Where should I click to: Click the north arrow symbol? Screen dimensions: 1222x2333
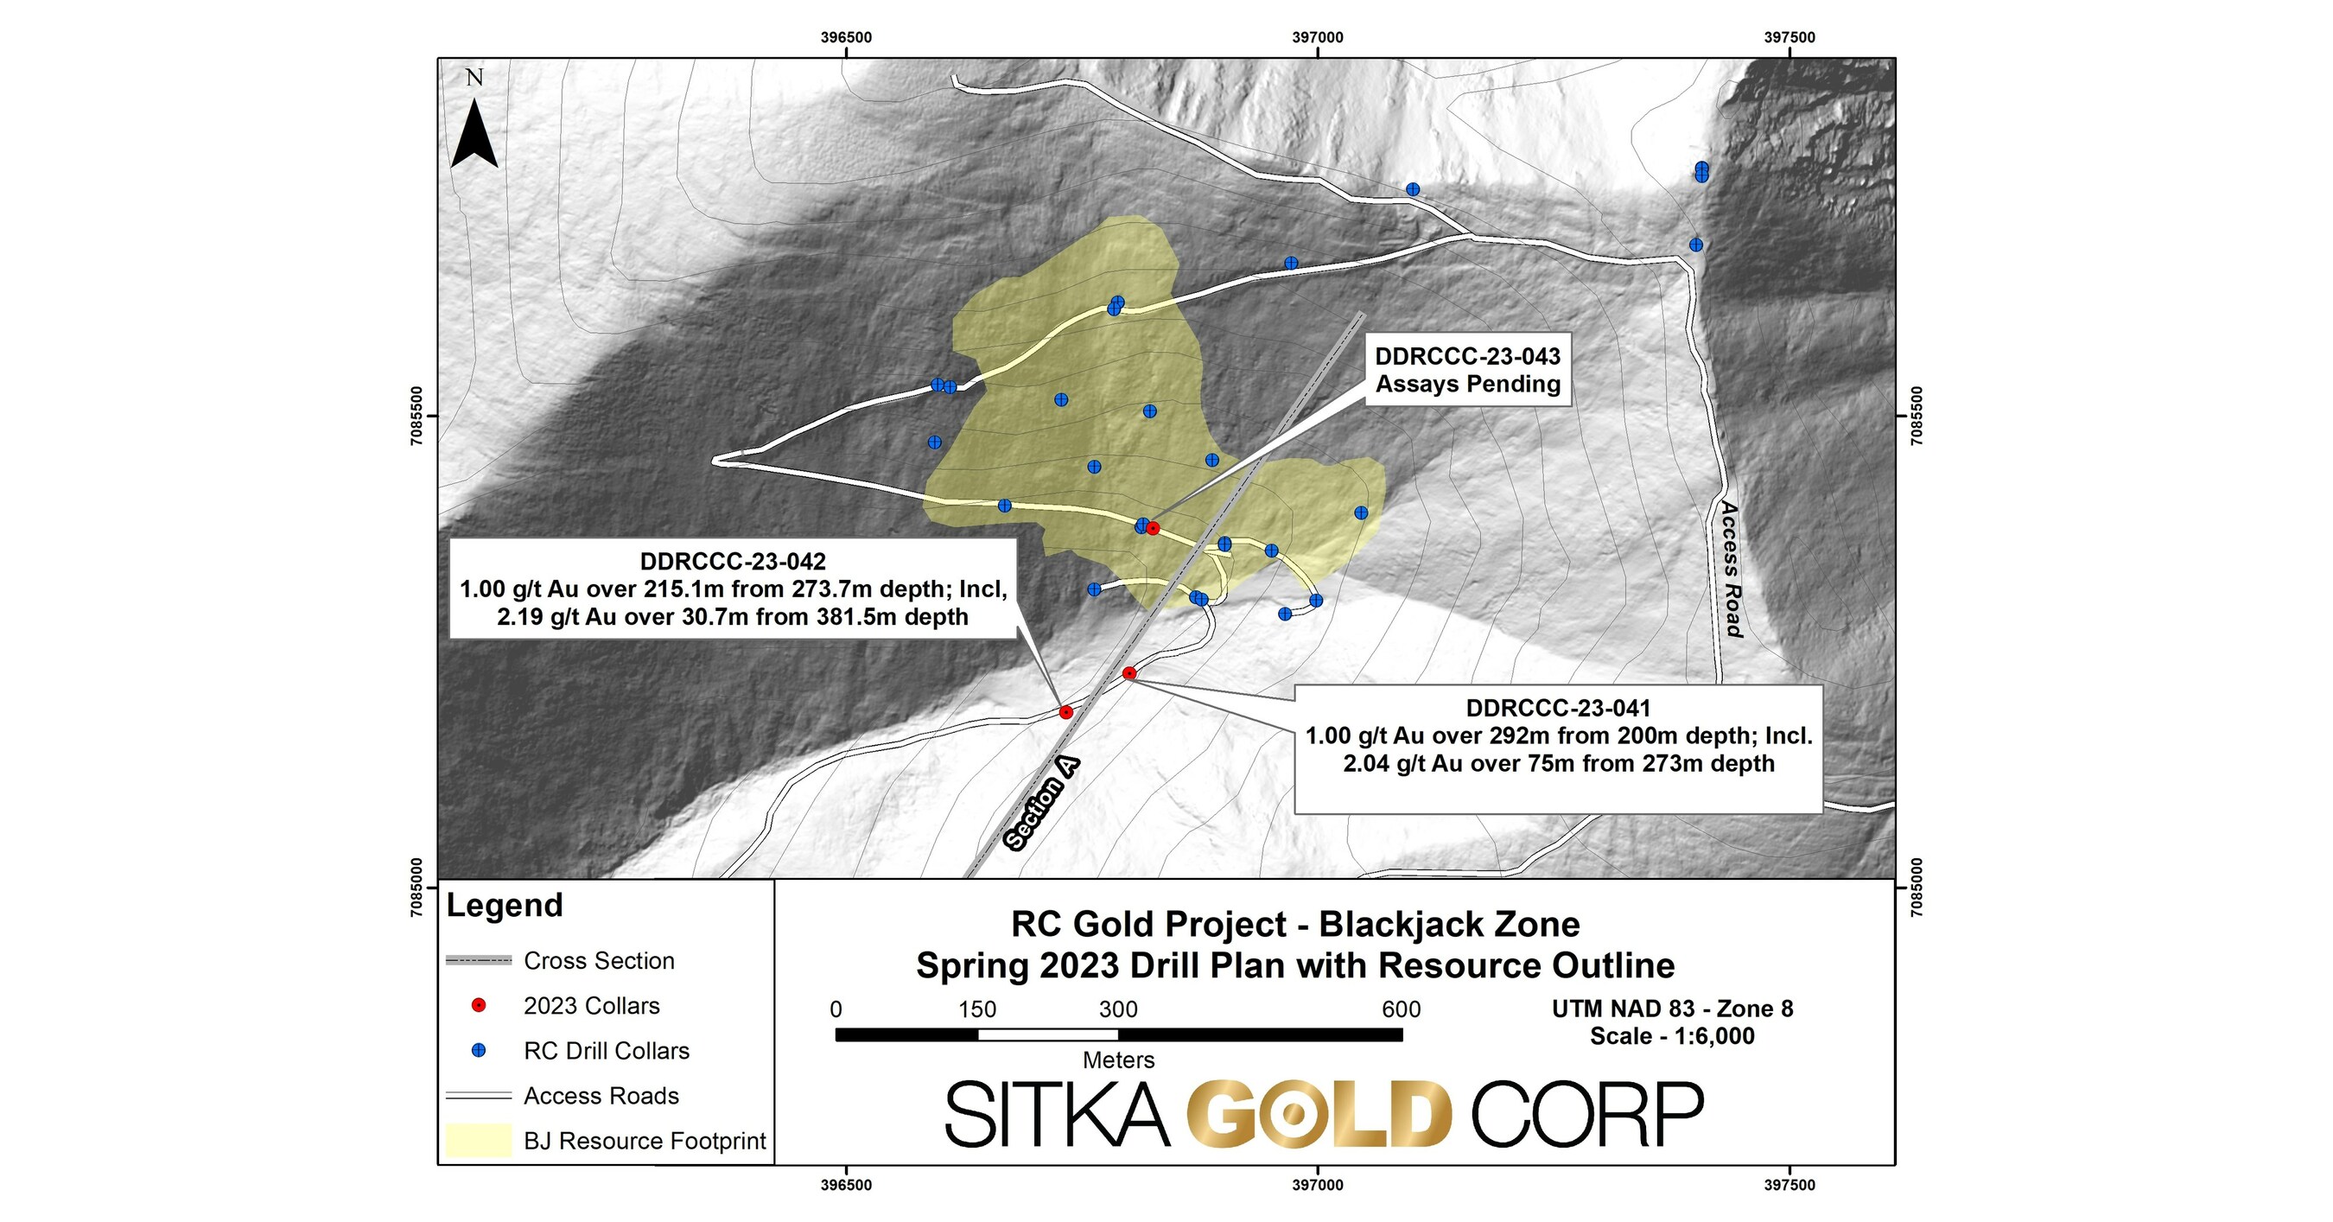coord(474,133)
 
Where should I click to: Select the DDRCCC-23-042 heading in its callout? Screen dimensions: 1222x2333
coord(733,562)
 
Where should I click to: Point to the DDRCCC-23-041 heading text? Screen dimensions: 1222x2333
coord(1558,708)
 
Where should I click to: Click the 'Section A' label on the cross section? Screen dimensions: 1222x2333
coord(1041,804)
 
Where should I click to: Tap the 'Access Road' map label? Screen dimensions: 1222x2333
coord(1731,569)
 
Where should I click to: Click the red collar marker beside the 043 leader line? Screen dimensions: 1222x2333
coord(1153,528)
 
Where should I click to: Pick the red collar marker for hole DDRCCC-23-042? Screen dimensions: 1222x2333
coord(1066,713)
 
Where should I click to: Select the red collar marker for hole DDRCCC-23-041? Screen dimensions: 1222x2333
coord(1129,673)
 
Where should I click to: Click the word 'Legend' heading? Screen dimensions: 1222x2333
coord(505,905)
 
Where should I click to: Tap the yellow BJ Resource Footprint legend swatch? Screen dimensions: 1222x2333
coord(478,1140)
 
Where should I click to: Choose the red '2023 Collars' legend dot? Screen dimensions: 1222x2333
coord(479,1005)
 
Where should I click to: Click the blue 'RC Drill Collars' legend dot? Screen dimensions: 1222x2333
coord(479,1051)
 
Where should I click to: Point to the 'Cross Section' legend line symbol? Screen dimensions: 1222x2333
coord(478,960)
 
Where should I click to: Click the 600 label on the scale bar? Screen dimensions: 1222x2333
coord(1401,1009)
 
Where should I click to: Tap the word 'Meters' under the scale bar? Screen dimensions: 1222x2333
coord(1118,1060)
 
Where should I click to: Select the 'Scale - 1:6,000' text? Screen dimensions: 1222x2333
coord(1672,1035)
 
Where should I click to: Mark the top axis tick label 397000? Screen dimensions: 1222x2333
coord(1318,38)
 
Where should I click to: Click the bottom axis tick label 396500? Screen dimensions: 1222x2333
coord(846,1185)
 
